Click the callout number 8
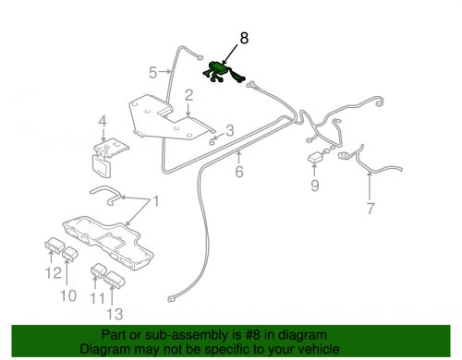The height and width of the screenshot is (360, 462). pyautogui.click(x=244, y=39)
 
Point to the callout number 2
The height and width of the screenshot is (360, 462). pyautogui.click(x=188, y=95)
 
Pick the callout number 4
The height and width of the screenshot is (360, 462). pyautogui.click(x=103, y=121)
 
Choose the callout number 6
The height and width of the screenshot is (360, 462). pyautogui.click(x=238, y=172)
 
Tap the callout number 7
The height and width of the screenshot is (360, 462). pyautogui.click(x=370, y=208)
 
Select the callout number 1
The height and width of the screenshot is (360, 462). pyautogui.click(x=156, y=201)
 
